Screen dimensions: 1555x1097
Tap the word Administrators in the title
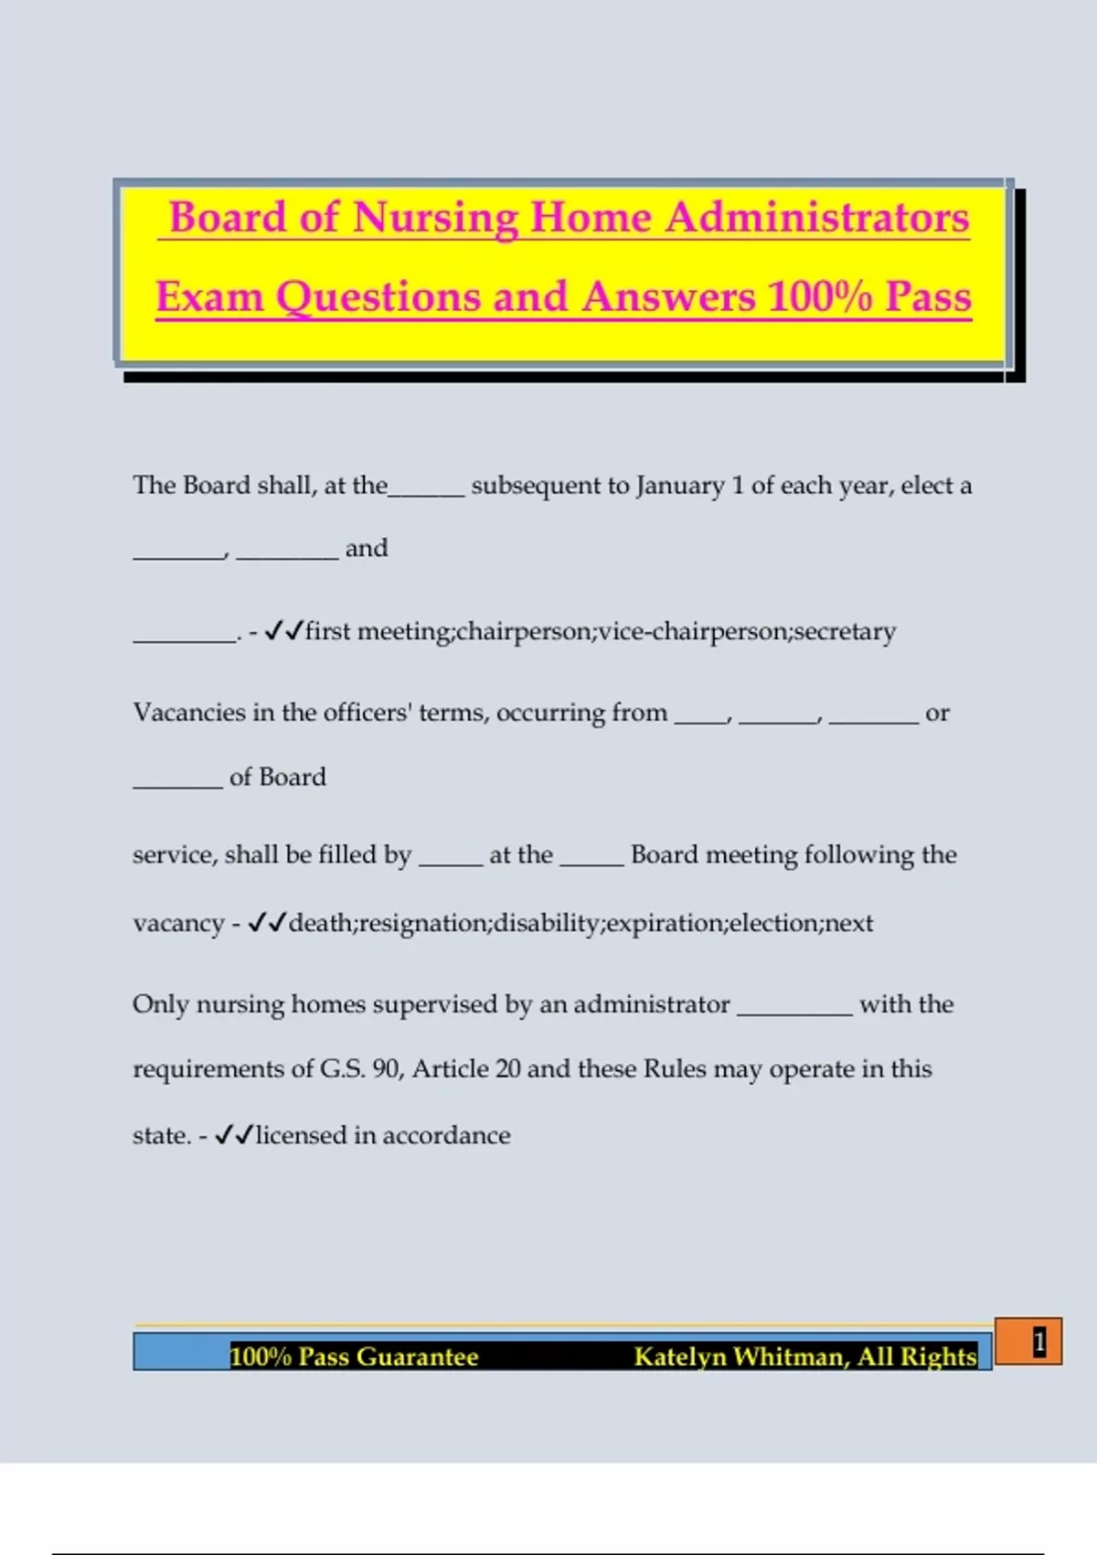click(x=816, y=218)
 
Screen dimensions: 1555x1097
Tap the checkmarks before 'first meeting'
click(x=283, y=630)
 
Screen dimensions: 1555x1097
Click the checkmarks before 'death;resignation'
click(x=267, y=922)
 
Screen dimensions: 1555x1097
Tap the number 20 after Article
click(x=507, y=1069)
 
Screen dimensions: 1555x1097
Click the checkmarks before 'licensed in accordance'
click(x=234, y=1135)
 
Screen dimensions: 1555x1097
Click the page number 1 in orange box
click(x=1038, y=1342)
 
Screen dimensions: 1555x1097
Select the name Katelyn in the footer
click(x=679, y=1357)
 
